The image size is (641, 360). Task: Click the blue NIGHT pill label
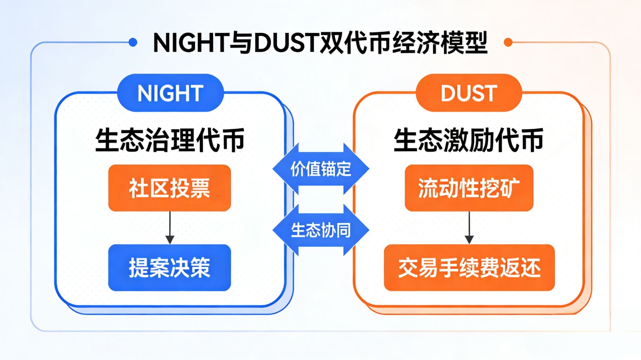click(x=170, y=93)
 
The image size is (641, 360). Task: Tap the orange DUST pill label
click(x=469, y=93)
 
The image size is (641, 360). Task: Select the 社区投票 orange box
click(x=170, y=188)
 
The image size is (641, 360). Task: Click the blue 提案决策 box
click(x=170, y=268)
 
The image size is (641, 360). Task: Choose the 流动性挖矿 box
click(x=469, y=188)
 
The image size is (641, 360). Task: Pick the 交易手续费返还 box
click(x=469, y=268)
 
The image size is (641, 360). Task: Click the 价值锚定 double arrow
click(x=320, y=169)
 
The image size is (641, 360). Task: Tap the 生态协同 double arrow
click(x=320, y=230)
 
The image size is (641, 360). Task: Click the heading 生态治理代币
click(x=170, y=140)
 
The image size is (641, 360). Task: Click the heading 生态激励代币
click(x=468, y=140)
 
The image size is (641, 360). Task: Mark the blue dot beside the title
click(x=133, y=42)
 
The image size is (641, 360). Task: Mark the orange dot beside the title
click(x=508, y=42)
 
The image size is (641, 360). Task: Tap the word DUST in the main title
click(x=286, y=43)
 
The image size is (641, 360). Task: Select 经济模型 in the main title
click(x=440, y=43)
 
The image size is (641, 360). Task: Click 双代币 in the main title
click(x=355, y=43)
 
